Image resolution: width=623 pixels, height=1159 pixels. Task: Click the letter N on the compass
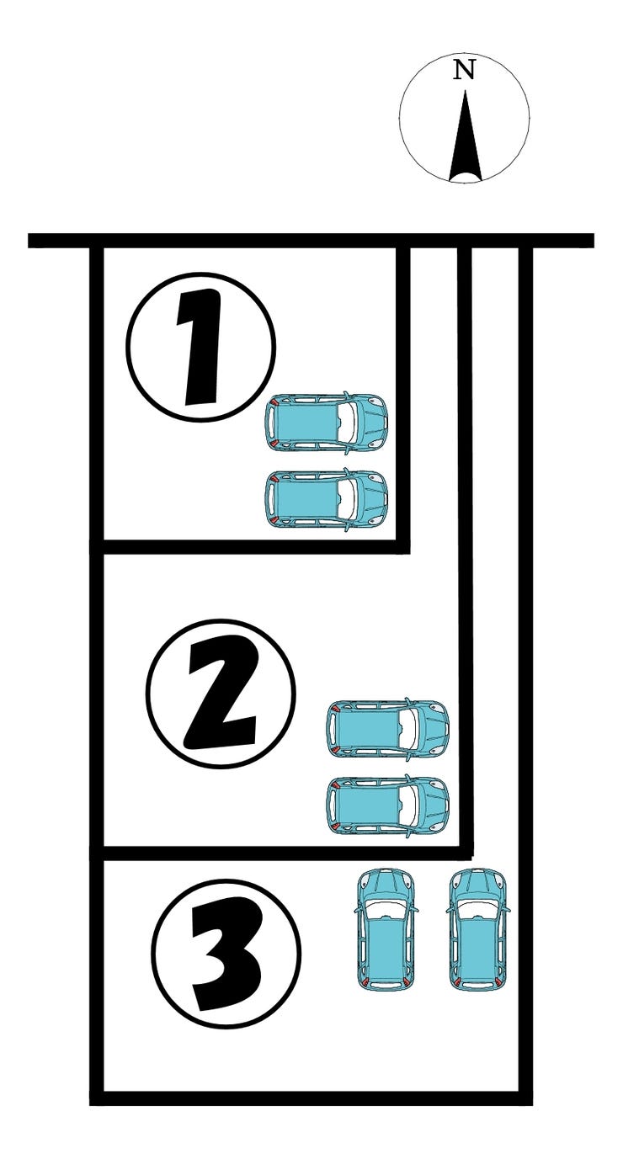[x=464, y=70]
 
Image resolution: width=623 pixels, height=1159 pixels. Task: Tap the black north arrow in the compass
[x=466, y=136]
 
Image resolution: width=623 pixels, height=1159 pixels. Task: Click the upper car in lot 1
[x=327, y=423]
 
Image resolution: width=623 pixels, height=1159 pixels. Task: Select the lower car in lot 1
[x=327, y=499]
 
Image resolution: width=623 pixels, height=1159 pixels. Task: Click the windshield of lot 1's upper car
[x=349, y=423]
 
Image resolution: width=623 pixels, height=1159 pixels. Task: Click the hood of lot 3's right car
[x=477, y=885]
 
